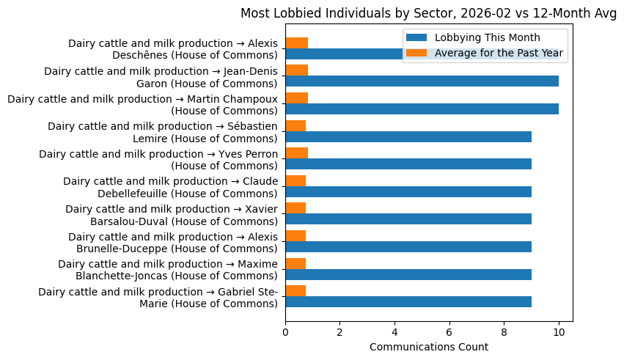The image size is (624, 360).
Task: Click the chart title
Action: (x=428, y=13)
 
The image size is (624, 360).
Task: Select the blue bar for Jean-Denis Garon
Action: (x=422, y=81)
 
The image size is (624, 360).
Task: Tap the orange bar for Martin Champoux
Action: (x=296, y=98)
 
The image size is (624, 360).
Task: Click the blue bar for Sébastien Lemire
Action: (x=408, y=136)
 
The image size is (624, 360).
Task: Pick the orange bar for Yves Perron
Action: (x=296, y=153)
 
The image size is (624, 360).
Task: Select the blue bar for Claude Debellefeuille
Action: (x=408, y=191)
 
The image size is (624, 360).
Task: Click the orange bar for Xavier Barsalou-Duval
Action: (x=296, y=208)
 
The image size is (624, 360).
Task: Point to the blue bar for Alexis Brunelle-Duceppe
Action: (x=408, y=247)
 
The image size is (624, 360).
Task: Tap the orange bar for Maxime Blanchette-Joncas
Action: (x=296, y=263)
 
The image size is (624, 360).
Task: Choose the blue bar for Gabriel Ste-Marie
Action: (x=408, y=302)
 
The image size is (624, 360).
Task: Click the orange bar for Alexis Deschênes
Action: (x=296, y=43)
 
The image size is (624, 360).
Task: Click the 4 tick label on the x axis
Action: (x=394, y=332)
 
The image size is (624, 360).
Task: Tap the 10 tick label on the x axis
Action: (x=559, y=332)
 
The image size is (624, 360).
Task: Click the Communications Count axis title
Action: (x=428, y=347)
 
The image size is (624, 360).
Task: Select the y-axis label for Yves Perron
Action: (x=158, y=160)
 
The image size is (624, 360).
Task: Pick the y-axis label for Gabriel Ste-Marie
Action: (x=158, y=298)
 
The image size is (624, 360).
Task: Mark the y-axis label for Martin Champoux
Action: (x=143, y=105)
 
